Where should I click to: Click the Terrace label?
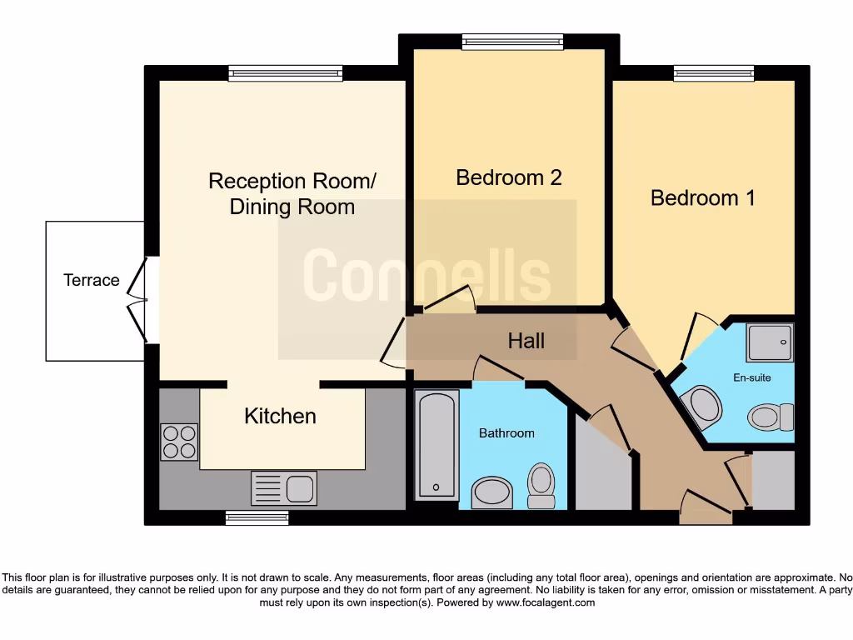click(92, 281)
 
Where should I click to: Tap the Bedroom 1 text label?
click(702, 198)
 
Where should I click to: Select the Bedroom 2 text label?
click(509, 177)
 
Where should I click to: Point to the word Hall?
click(526, 340)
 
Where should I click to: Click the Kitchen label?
click(280, 416)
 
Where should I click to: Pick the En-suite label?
click(751, 377)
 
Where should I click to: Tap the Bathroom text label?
click(506, 433)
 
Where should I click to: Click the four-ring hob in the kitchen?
click(179, 442)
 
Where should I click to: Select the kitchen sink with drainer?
click(283, 487)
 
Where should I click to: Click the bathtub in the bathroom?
click(436, 446)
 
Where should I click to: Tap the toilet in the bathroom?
click(541, 484)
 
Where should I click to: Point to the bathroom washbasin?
click(491, 492)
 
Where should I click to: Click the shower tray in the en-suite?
click(770, 342)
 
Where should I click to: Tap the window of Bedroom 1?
click(714, 73)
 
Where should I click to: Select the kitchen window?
click(257, 518)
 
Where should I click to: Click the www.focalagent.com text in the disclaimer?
click(545, 602)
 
